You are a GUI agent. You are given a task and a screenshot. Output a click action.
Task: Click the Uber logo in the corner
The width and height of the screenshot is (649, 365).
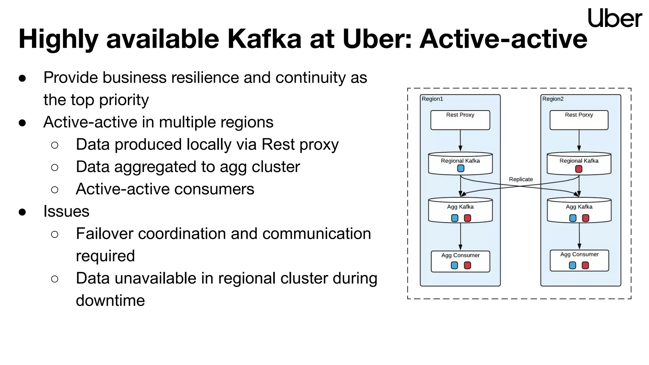pyautogui.click(x=614, y=18)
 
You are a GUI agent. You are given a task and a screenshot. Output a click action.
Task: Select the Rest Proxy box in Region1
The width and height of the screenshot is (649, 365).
pyautogui.click(x=460, y=120)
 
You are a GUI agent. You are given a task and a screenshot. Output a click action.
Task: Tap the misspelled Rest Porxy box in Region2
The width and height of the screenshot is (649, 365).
pyautogui.click(x=579, y=120)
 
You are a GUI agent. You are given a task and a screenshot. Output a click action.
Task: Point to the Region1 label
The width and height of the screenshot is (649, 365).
pyautogui.click(x=432, y=99)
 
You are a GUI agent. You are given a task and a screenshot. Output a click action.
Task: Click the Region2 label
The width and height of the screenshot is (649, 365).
pyautogui.click(x=553, y=99)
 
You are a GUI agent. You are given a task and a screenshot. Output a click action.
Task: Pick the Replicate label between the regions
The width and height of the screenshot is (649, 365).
pyautogui.click(x=521, y=179)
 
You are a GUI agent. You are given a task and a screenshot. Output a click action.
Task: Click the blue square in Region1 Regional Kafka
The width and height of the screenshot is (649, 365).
pyautogui.click(x=461, y=169)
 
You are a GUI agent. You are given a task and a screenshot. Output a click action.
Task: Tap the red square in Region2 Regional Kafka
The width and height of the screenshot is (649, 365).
pyautogui.click(x=579, y=169)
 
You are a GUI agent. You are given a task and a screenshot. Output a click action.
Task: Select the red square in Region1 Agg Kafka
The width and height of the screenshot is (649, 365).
pyautogui.click(x=467, y=218)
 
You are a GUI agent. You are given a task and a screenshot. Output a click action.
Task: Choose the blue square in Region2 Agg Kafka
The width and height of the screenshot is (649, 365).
pyautogui.click(x=573, y=218)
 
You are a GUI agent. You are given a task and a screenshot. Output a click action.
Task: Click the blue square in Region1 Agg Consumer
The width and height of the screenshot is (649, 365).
pyautogui.click(x=454, y=265)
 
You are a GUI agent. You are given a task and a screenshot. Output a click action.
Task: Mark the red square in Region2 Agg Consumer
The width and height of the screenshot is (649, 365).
pyautogui.click(x=585, y=265)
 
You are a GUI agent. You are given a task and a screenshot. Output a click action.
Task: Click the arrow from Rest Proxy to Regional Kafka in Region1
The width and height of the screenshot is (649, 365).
pyautogui.click(x=460, y=140)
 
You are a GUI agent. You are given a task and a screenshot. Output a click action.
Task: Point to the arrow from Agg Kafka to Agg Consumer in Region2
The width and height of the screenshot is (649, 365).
pyautogui.click(x=579, y=236)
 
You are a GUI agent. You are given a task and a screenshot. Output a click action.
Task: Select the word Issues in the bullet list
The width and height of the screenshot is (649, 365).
pyautogui.click(x=66, y=211)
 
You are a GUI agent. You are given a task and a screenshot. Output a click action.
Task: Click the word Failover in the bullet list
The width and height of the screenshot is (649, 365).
pyautogui.click(x=104, y=234)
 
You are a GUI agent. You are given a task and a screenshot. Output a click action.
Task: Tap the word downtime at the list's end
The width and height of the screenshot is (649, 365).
pyautogui.click(x=110, y=301)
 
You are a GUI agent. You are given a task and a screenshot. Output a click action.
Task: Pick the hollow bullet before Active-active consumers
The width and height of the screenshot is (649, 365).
pyautogui.click(x=55, y=190)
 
